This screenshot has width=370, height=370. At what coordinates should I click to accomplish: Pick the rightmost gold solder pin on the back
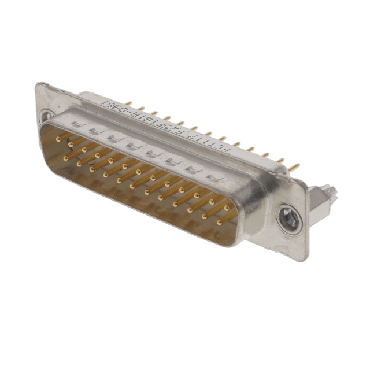294,168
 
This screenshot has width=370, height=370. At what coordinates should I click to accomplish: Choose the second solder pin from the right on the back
280,161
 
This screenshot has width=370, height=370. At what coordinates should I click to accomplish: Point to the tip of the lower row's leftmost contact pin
65,157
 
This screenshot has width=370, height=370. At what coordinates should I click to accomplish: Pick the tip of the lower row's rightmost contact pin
219,222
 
